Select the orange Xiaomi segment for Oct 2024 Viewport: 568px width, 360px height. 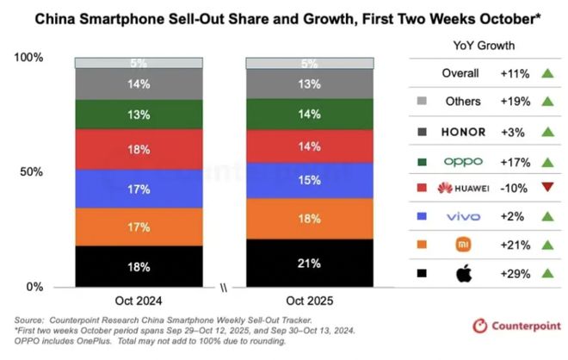pyautogui.click(x=139, y=227)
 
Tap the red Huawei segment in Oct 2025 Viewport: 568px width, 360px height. pyautogui.click(x=311, y=147)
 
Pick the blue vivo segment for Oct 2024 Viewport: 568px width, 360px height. pyautogui.click(x=139, y=188)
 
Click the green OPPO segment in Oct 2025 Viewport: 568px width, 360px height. pyautogui.click(x=311, y=113)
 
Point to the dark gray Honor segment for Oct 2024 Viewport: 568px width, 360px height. pyautogui.click(x=139, y=84)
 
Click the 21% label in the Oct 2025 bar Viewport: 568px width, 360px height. pyautogui.click(x=311, y=263)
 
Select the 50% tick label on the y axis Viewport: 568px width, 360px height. pyautogui.click(x=31, y=171)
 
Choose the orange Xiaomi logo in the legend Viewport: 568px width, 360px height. pyautogui.click(x=466, y=245)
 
